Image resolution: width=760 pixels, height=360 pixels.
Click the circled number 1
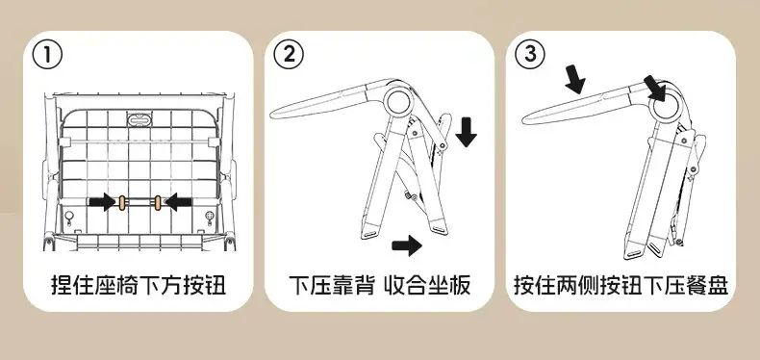[x=47, y=55]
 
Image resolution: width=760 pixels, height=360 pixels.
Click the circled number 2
[x=289, y=54]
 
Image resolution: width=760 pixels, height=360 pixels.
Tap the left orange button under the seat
[x=121, y=203]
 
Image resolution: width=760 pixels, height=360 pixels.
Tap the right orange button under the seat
[x=158, y=203]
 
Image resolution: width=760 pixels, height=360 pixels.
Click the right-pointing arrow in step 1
[x=103, y=202]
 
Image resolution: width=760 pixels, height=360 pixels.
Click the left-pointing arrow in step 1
[x=178, y=202]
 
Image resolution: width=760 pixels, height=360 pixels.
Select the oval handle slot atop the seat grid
[x=139, y=118]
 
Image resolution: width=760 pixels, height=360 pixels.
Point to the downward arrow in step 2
[x=466, y=131]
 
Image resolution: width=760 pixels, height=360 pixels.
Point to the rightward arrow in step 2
[x=407, y=245]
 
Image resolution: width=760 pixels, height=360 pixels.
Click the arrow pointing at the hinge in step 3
[x=654, y=89]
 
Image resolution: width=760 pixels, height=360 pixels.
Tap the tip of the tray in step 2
[x=271, y=115]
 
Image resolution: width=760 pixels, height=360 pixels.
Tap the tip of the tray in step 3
[x=523, y=119]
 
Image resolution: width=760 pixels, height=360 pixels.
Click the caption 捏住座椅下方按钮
[x=139, y=285]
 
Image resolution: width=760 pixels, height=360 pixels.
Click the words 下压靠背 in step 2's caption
[x=332, y=285]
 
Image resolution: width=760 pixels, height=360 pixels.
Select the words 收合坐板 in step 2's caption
[x=427, y=285]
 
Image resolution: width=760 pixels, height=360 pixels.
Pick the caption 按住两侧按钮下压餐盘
[x=621, y=285]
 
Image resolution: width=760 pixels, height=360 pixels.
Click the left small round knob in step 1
[x=69, y=216]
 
